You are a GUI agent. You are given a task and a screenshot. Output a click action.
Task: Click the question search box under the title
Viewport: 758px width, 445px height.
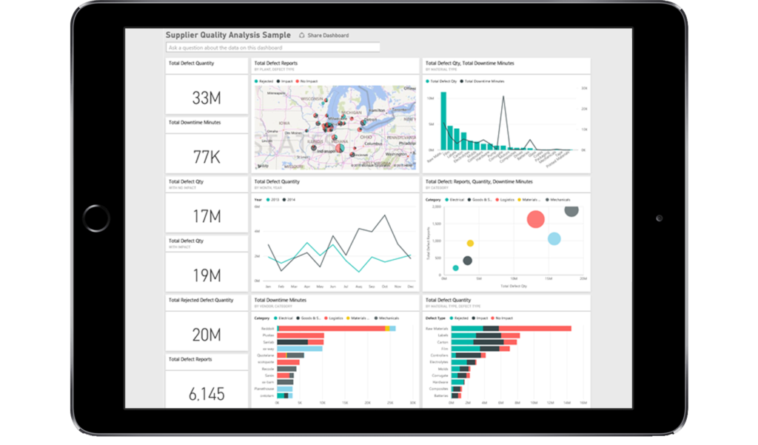(273, 47)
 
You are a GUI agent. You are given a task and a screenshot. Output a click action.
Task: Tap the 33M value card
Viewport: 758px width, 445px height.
(207, 98)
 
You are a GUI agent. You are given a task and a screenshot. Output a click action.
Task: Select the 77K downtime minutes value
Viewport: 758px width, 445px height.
(207, 156)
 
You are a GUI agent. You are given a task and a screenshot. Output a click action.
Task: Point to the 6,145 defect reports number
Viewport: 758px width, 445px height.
(207, 394)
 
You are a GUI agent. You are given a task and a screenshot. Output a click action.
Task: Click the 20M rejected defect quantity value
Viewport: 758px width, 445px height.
(207, 335)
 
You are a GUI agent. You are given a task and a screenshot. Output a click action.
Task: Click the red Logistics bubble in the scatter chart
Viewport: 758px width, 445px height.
(536, 219)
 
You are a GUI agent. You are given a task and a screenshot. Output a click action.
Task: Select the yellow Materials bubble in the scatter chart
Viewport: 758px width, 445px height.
(470, 243)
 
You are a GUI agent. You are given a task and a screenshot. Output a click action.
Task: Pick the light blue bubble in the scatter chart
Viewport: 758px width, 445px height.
(554, 238)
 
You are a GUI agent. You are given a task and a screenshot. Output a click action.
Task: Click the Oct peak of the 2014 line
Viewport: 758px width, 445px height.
(385, 216)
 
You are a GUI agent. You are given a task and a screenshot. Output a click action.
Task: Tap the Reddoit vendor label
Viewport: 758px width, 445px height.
(268, 328)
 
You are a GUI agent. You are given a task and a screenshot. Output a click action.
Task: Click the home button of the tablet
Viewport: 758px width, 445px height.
(96, 218)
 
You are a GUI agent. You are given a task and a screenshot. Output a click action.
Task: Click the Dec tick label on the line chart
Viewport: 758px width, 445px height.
(410, 287)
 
